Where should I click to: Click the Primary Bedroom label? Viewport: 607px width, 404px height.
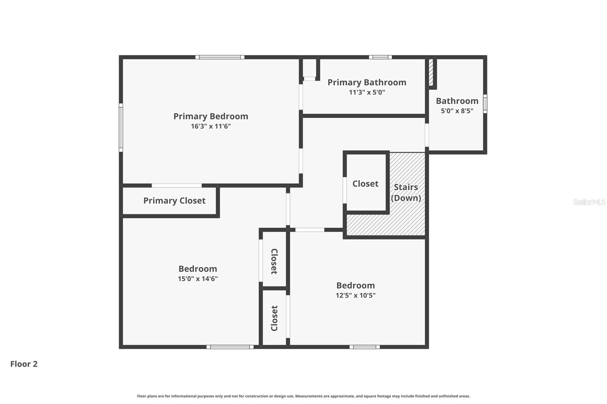[211, 116]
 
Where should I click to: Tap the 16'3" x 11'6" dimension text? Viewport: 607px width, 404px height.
[211, 126]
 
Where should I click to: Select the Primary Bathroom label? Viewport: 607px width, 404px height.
[366, 82]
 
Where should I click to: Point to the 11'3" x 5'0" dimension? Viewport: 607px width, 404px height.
[366, 92]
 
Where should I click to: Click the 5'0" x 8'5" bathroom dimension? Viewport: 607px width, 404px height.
[457, 111]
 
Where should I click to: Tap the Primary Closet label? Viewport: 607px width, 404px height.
[174, 200]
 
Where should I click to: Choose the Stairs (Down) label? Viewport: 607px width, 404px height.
[406, 192]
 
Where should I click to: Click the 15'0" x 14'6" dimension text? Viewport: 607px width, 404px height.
[198, 279]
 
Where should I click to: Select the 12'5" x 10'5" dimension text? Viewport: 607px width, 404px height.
[355, 295]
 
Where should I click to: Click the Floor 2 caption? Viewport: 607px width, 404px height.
[24, 364]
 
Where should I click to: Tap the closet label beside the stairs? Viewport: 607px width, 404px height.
[365, 183]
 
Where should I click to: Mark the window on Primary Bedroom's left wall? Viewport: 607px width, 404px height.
[121, 127]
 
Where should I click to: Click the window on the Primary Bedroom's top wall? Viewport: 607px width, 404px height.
[220, 57]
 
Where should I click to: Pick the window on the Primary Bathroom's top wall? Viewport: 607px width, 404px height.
[380, 57]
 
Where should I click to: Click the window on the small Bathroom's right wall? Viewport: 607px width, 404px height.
[485, 103]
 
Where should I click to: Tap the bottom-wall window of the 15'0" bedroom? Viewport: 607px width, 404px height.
[230, 347]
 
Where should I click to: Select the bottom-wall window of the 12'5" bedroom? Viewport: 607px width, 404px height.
[364, 347]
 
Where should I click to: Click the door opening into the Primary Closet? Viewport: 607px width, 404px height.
[177, 185]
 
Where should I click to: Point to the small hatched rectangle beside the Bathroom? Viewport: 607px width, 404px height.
[431, 72]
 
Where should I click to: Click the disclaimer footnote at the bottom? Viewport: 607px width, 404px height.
[303, 396]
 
